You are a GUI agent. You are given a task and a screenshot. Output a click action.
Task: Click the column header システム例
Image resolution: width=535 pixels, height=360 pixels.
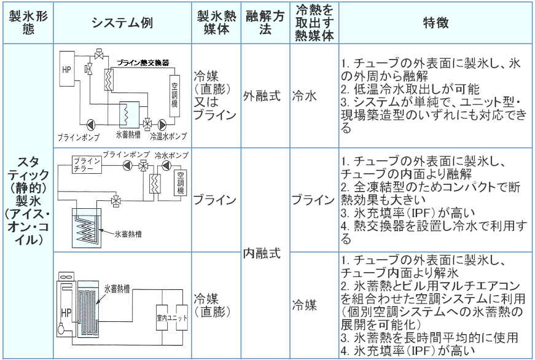[x=122, y=23]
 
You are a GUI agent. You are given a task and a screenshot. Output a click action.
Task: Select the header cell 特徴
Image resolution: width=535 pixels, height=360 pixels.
[x=435, y=23]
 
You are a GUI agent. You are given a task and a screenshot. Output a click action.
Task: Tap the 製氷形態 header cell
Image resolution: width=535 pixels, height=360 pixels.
[x=28, y=23]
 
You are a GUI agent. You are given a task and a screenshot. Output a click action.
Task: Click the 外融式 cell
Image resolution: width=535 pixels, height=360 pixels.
[x=265, y=96]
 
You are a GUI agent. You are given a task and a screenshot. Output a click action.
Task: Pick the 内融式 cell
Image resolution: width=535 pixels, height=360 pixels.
[x=265, y=253]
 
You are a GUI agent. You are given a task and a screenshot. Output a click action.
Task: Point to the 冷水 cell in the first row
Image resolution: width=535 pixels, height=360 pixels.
[x=314, y=96]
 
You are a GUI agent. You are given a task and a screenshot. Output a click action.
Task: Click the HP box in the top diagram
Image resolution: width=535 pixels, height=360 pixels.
[x=67, y=69]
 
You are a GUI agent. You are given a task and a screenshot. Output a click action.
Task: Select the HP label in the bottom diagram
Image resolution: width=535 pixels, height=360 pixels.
[x=66, y=312]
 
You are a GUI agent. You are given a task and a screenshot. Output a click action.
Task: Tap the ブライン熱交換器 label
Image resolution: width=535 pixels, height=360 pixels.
[x=143, y=63]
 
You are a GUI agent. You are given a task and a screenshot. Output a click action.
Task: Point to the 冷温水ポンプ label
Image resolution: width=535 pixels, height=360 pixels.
[x=168, y=136]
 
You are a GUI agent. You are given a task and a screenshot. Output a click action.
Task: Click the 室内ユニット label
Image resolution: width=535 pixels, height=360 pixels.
[x=172, y=318]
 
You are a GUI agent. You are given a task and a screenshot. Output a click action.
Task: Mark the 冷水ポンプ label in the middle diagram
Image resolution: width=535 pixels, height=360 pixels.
[x=171, y=155]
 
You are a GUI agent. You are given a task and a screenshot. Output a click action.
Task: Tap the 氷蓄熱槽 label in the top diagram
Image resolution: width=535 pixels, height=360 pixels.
[x=128, y=135]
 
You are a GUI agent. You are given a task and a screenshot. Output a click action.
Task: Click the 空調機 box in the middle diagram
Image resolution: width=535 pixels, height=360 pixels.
[x=180, y=182]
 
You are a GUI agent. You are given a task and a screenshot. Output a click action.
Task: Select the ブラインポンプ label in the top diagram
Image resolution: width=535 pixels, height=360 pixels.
[x=79, y=137]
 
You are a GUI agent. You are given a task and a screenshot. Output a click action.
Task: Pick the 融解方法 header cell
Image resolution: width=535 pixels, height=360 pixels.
[x=265, y=23]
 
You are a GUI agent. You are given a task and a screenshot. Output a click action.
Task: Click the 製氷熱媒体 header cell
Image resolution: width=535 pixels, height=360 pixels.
[x=216, y=23]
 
